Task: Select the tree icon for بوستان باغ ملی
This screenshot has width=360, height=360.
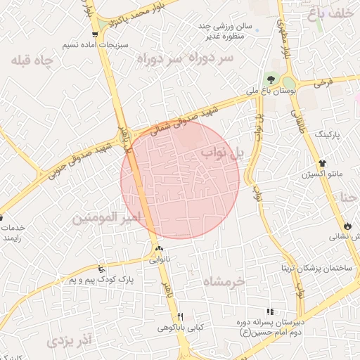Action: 271,78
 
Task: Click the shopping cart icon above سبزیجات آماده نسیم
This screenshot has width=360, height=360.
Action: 94,34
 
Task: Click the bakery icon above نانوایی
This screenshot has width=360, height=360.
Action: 159,249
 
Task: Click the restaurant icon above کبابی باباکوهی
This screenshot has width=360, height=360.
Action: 181,316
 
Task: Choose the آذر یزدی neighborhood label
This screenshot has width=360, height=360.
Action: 69,342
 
